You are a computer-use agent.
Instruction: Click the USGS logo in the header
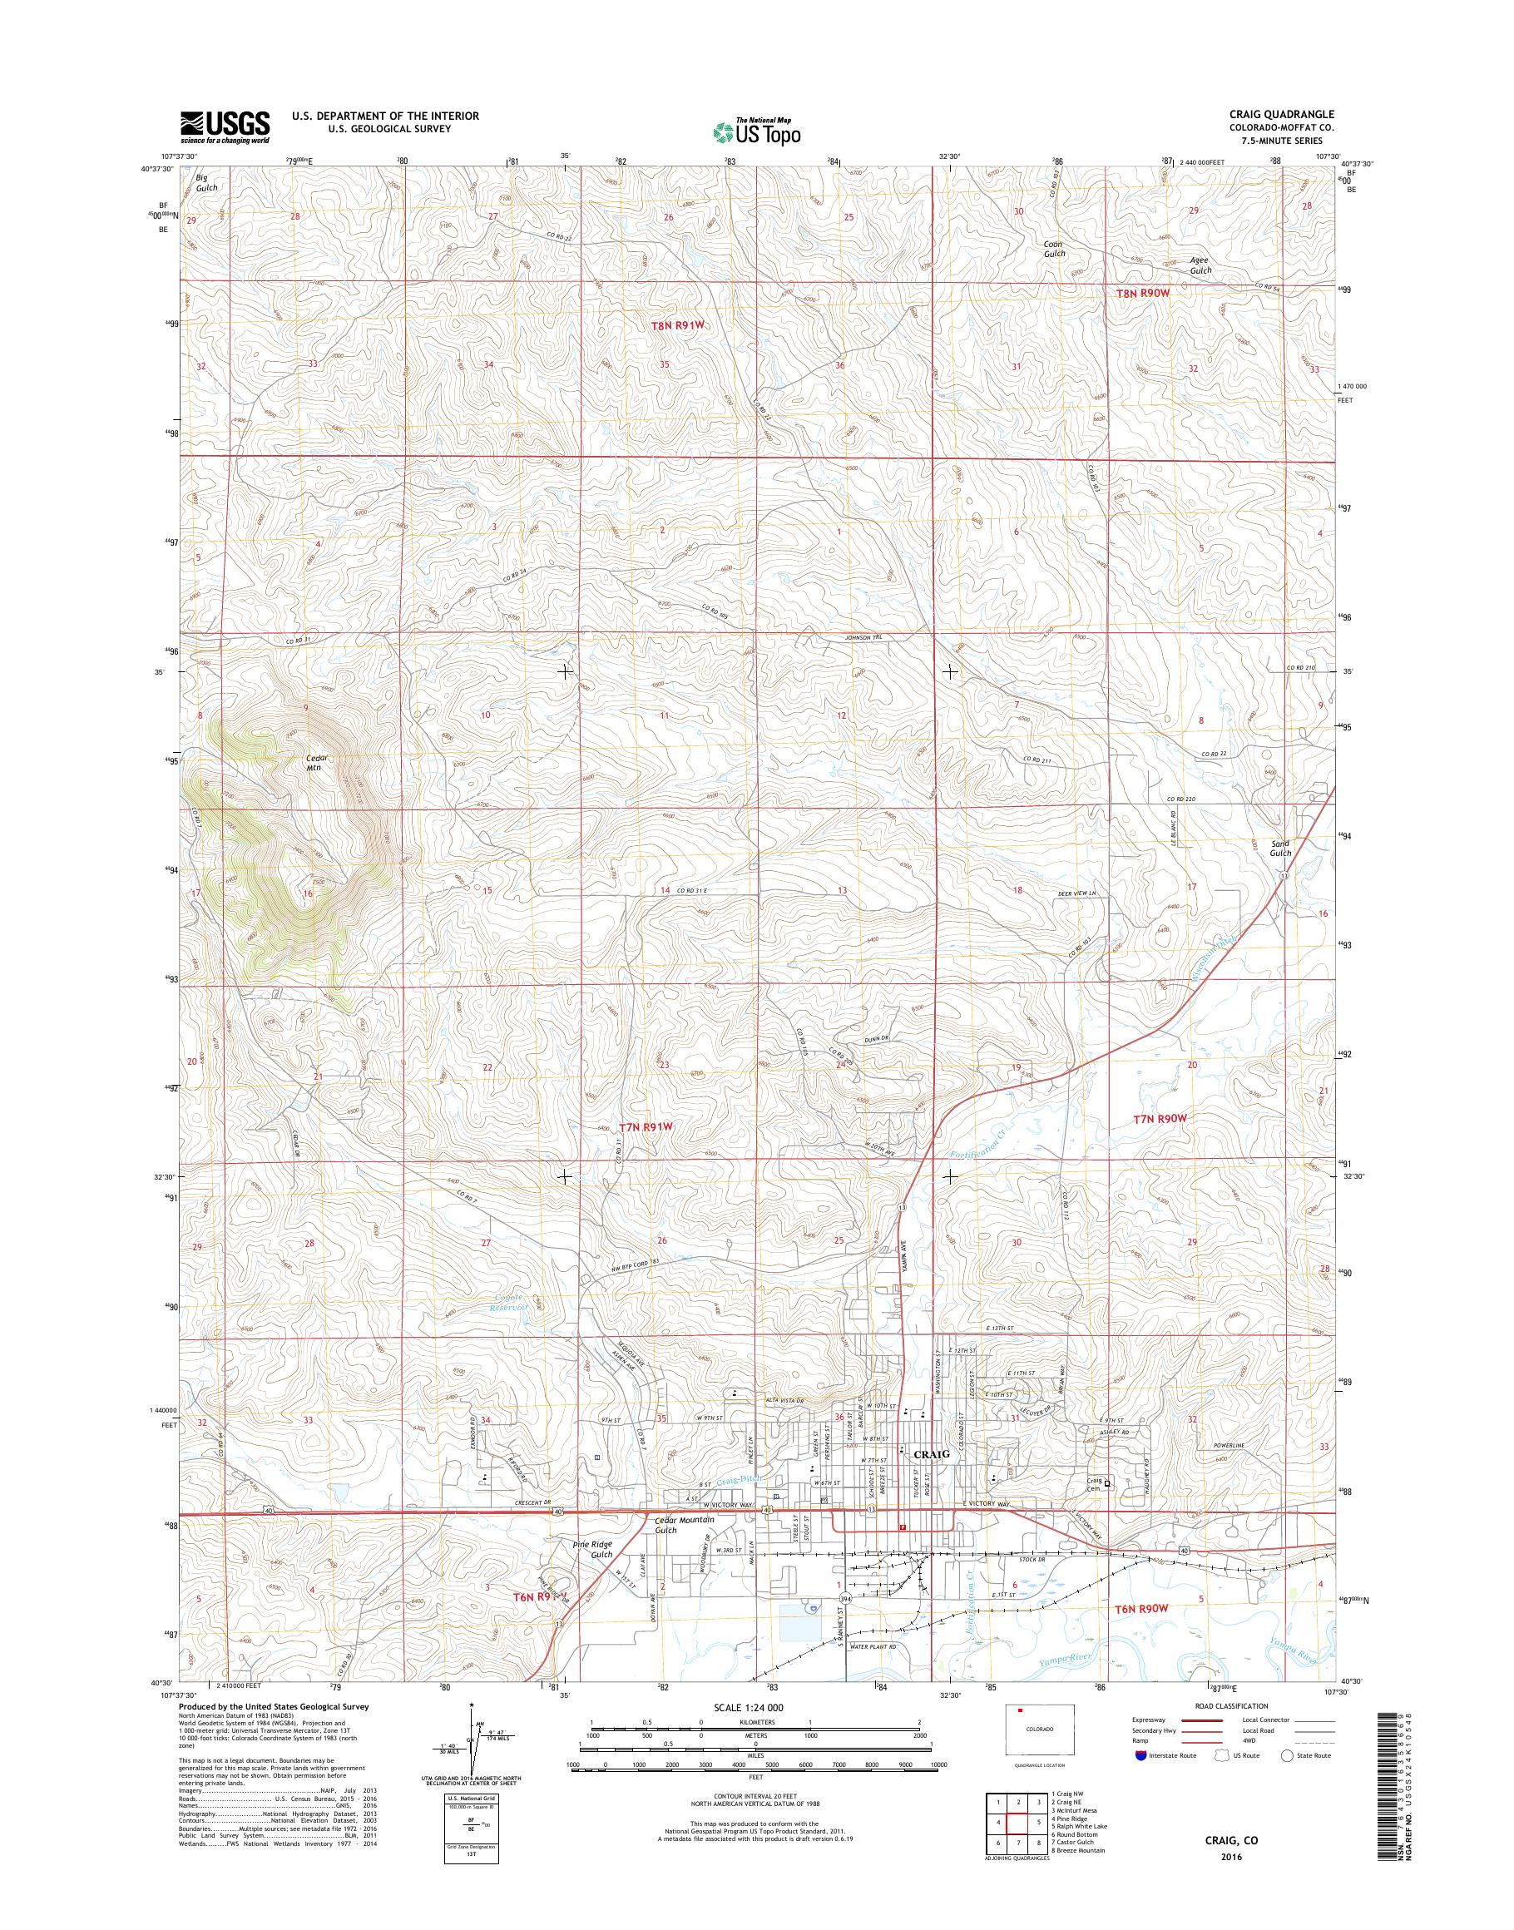tap(225, 126)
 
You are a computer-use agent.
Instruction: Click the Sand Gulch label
tap(1280, 849)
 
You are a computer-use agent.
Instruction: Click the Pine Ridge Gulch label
tap(592, 1549)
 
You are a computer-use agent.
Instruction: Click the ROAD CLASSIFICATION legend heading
tap(1232, 1705)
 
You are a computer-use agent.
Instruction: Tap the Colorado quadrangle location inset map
tap(1040, 1730)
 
